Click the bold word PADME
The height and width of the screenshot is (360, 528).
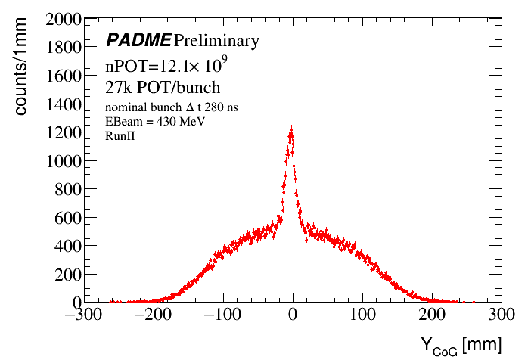coord(138,40)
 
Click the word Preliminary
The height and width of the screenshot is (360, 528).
coord(216,40)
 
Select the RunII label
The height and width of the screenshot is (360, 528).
coord(119,134)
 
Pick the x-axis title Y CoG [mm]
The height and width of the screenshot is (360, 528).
coord(461,344)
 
